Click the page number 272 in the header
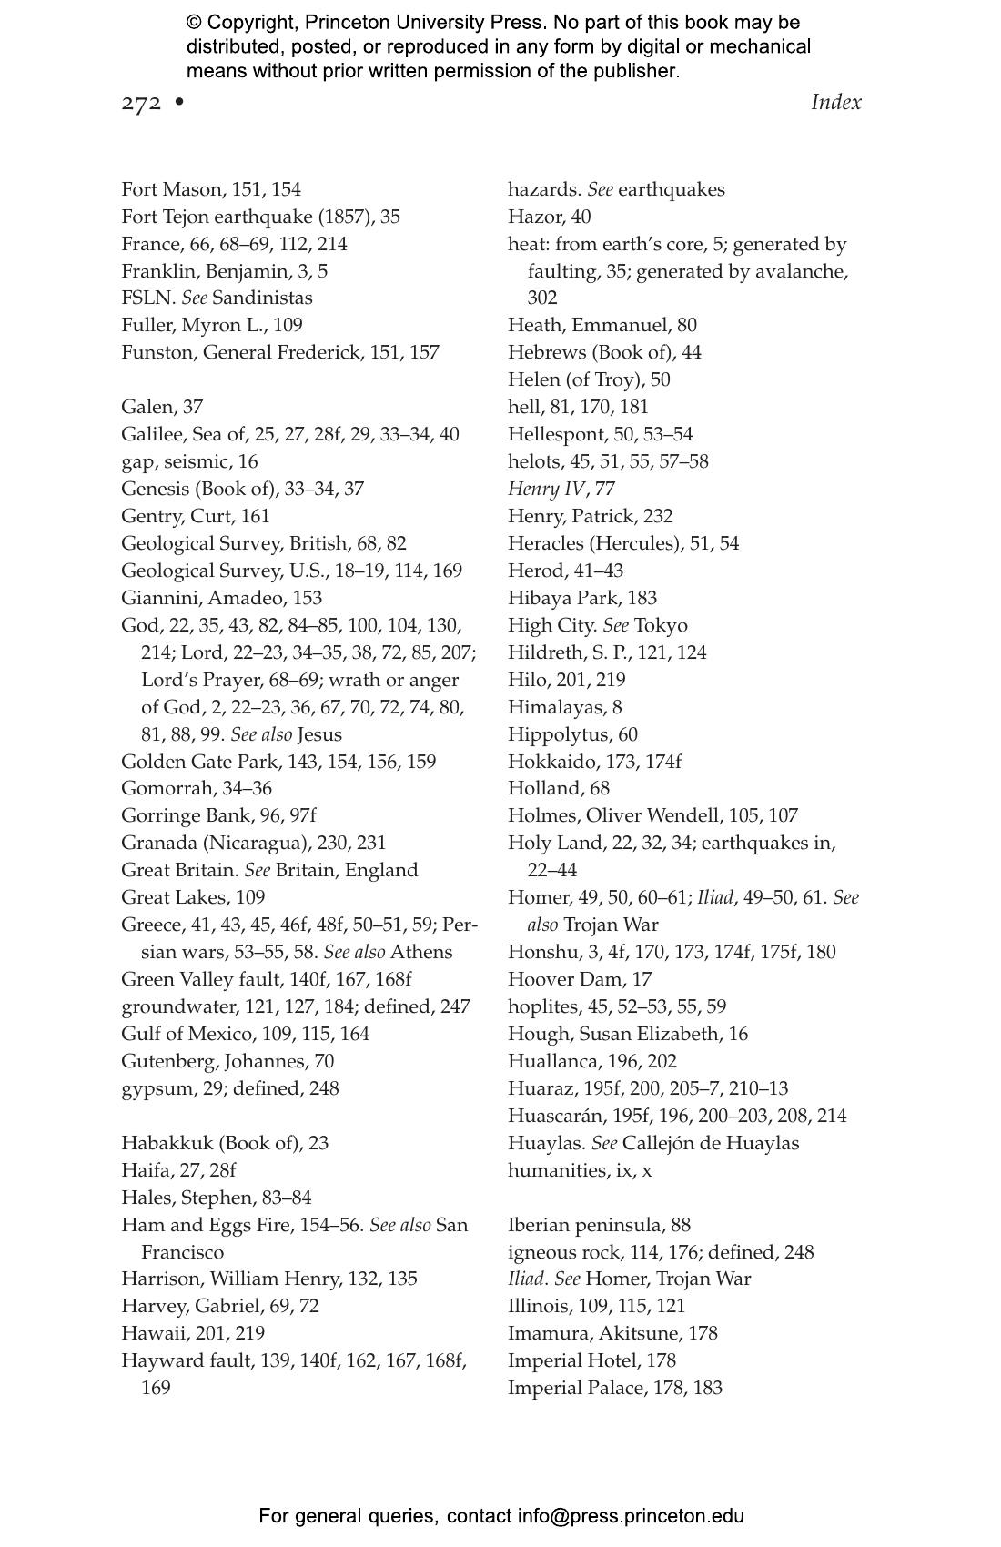[x=141, y=103]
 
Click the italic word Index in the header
[x=835, y=102]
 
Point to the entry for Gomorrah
[x=196, y=788]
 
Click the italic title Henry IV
[x=545, y=489]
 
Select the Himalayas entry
[x=564, y=707]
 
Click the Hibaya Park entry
[x=581, y=598]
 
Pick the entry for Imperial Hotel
[x=591, y=1360]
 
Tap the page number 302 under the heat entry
[x=542, y=298]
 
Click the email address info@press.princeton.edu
[x=631, y=1516]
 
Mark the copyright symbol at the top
[x=194, y=23]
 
